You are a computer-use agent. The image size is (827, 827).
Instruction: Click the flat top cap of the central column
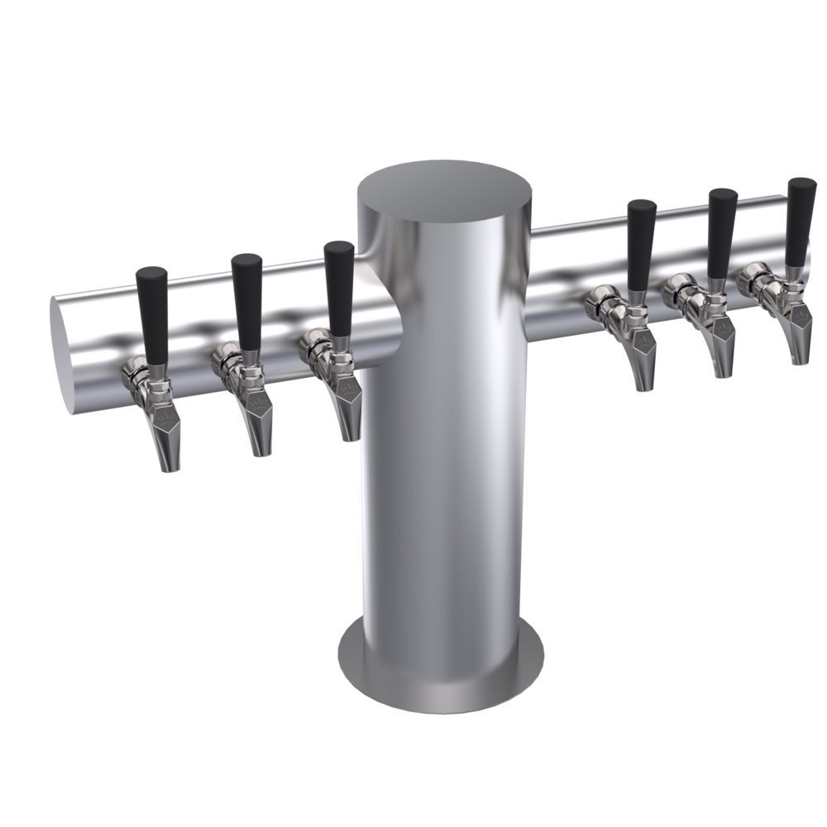click(x=444, y=194)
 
